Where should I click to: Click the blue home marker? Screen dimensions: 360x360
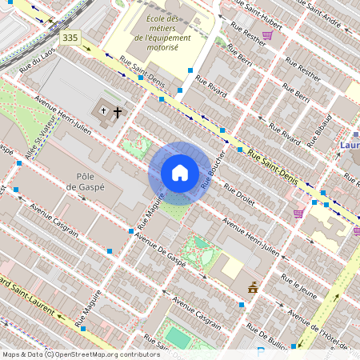[180, 174]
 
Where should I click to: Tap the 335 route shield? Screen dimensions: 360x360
[71, 38]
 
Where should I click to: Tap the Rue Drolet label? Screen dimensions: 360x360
[238, 196]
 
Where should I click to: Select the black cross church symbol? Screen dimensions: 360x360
[117, 112]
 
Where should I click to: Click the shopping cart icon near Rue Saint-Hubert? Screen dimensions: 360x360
[267, 35]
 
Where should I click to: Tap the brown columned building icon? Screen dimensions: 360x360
[253, 288]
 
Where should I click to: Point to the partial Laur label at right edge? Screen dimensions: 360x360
[349, 146]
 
